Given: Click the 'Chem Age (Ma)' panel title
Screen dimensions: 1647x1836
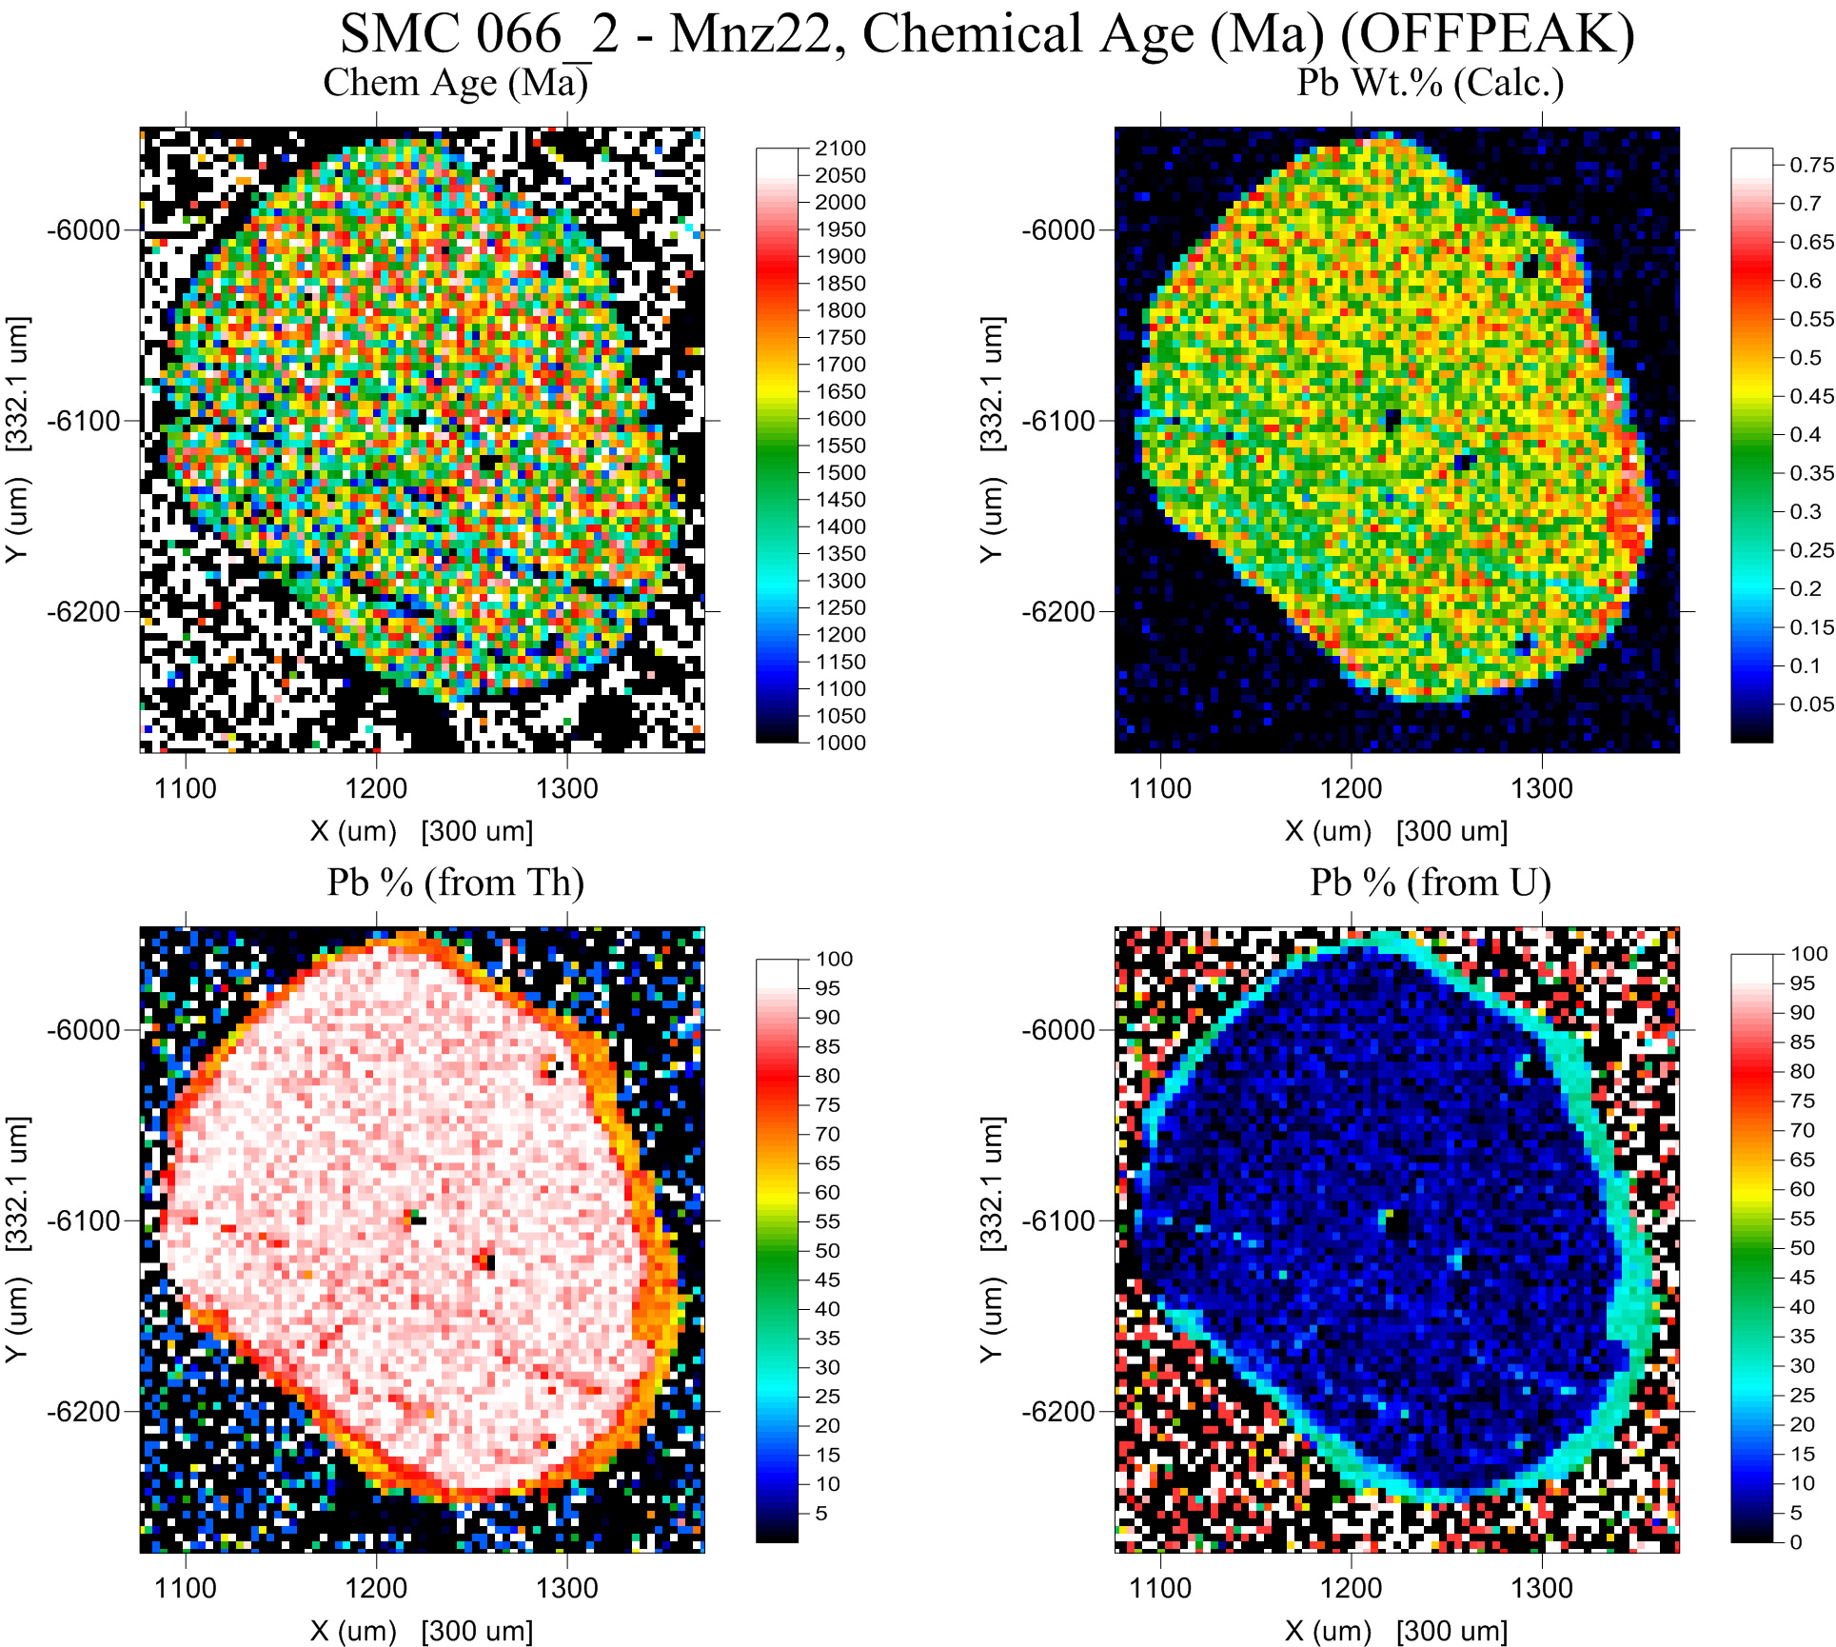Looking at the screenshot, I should (x=455, y=83).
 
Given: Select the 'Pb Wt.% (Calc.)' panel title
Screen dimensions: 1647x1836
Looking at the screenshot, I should (x=1430, y=83).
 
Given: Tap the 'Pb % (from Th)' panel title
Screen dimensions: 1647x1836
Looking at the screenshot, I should (x=455, y=883).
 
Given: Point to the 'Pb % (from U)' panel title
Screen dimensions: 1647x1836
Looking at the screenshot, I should (x=1430, y=883).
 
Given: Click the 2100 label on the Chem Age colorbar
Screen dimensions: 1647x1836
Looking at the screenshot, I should (x=840, y=149).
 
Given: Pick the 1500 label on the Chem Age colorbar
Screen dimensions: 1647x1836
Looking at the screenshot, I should (x=840, y=473).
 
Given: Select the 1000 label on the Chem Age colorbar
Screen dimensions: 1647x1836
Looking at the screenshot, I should (x=840, y=744).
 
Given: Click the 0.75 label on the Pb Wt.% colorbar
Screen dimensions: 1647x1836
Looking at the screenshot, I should (x=1811, y=166).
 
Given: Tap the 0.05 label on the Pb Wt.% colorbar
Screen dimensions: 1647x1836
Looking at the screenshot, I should (x=1811, y=704).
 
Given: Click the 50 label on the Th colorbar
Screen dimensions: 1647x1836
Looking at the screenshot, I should (x=827, y=1251).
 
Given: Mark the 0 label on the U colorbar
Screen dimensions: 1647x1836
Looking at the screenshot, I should (x=1795, y=1542).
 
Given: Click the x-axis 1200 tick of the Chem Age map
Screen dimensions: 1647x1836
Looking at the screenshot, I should (x=377, y=789).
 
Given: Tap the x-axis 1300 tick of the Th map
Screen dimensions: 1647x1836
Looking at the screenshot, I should (x=567, y=1589).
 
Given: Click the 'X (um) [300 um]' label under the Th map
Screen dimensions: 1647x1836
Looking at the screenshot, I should (x=421, y=1632).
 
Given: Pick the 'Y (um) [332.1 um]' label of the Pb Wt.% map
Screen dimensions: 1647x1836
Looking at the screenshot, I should (x=991, y=439).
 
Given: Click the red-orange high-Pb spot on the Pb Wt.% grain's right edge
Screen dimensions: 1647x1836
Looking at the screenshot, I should (x=1630, y=519).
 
